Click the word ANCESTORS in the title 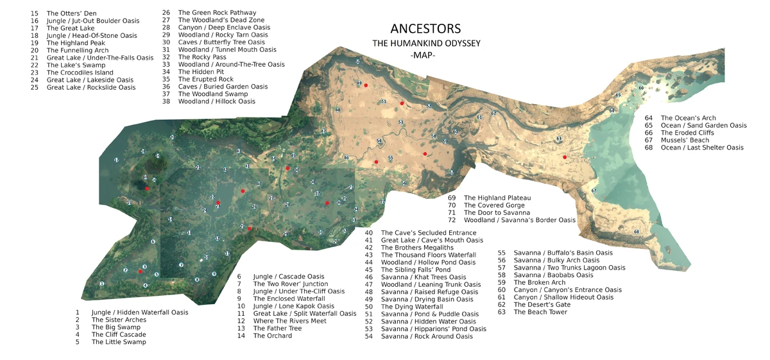click(x=425, y=30)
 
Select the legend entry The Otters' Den click(x=71, y=13)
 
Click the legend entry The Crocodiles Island click(x=80, y=73)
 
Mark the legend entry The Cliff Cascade click(x=119, y=334)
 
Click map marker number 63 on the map click(x=559, y=139)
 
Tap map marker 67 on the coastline click(x=594, y=191)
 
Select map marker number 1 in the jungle click(x=101, y=283)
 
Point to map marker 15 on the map click(x=129, y=203)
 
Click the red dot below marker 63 click(x=565, y=157)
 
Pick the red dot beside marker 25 click(x=250, y=228)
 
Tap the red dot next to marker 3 click(x=140, y=272)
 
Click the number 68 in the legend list click(x=648, y=148)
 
